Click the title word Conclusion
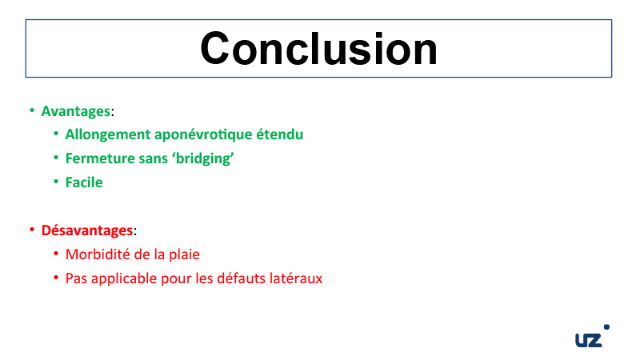pos(318,49)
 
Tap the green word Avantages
pos(76,111)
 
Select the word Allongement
pos(108,134)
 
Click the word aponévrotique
pos(203,134)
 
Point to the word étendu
pos(279,134)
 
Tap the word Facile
pos(84,182)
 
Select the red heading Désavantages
pos(87,230)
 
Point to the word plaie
pos(185,254)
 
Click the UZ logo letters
pos(589,340)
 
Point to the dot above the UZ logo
pos(606,327)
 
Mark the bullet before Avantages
pos(32,110)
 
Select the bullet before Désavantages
pos(32,230)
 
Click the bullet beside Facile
pos(56,182)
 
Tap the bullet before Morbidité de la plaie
pos(56,254)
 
